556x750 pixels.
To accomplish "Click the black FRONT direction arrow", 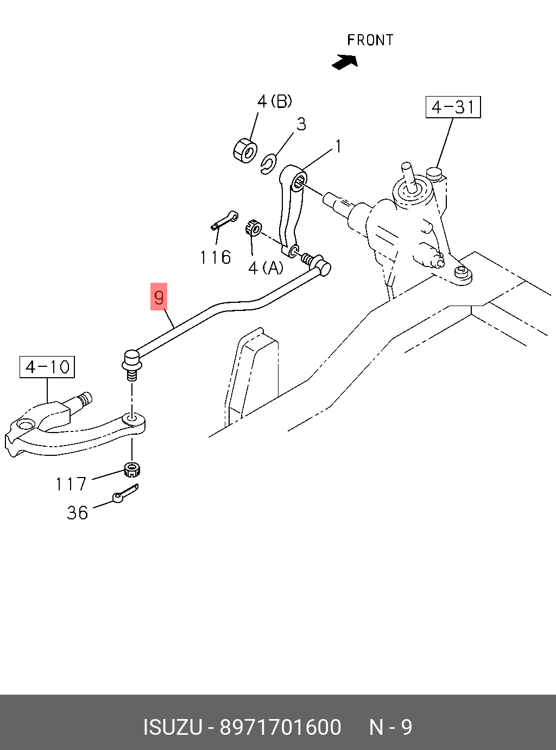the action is (345, 62).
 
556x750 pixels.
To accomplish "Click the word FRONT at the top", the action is (370, 40).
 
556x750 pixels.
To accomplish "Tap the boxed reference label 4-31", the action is (453, 107).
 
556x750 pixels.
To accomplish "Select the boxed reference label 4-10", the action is (47, 367).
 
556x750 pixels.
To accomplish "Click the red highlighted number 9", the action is (159, 296).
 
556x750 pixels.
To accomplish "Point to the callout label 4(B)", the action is (274, 101).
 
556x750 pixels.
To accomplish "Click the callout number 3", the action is (301, 124).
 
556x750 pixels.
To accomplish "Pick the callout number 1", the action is (338, 147).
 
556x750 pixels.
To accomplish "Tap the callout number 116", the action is (216, 258).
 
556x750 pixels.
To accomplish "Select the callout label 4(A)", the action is (266, 268).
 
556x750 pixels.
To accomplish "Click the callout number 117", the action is (71, 484).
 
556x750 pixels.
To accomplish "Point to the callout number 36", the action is (78, 512).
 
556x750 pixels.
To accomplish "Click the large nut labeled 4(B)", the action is (245, 150).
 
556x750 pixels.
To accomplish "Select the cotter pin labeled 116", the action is (224, 220).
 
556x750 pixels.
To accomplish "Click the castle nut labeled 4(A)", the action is (253, 228).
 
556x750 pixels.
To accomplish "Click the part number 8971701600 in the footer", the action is (281, 727).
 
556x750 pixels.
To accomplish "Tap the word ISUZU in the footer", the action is (173, 727).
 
